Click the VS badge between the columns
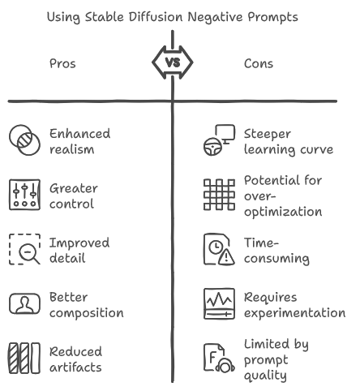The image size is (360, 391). (173, 62)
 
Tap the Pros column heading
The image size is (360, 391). (62, 64)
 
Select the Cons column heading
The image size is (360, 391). (259, 64)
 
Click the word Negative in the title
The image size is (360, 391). (215, 18)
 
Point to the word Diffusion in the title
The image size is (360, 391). (156, 17)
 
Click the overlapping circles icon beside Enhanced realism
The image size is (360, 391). (24, 140)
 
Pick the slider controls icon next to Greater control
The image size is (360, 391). (24, 195)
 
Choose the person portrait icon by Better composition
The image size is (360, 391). (24, 303)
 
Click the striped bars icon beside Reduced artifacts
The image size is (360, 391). (24, 359)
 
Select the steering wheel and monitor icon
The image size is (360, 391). (219, 140)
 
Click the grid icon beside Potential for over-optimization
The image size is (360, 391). (219, 195)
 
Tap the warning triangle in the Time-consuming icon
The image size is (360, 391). (226, 257)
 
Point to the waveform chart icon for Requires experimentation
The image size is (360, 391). (219, 303)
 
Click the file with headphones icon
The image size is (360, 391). (219, 359)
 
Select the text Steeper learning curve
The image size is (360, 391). (289, 142)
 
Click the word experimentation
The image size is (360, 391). (294, 313)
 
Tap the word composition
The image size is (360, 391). (87, 313)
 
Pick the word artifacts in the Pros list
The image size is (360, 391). (75, 367)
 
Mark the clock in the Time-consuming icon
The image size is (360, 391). (216, 247)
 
